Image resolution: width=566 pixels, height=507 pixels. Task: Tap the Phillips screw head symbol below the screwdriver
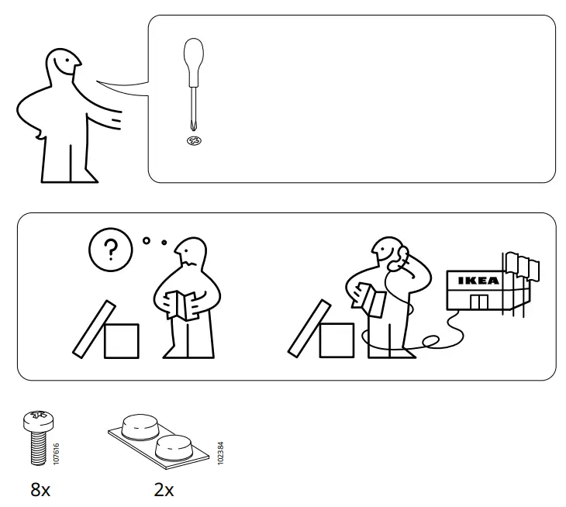pyautogui.click(x=194, y=140)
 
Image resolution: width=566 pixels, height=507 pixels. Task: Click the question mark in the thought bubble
pyautogui.click(x=112, y=250)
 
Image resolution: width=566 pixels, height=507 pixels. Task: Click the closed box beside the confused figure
pyautogui.click(x=121, y=341)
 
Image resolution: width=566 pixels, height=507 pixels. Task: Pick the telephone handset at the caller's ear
pyautogui.click(x=400, y=259)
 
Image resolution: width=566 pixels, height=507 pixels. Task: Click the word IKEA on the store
pyautogui.click(x=478, y=281)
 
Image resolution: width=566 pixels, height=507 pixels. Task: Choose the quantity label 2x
pyautogui.click(x=164, y=490)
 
